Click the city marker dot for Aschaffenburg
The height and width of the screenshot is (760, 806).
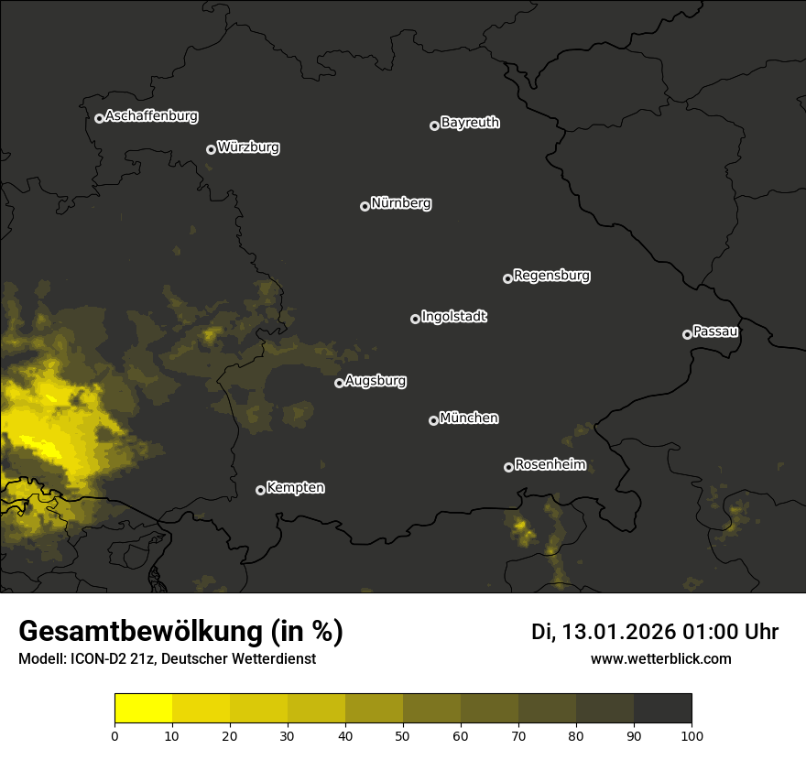(x=99, y=118)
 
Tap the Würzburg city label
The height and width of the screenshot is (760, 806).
(x=248, y=147)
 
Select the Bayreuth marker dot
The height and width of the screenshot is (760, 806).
(x=434, y=125)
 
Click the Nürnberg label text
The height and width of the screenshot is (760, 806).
(x=401, y=203)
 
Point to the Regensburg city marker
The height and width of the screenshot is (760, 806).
(x=507, y=278)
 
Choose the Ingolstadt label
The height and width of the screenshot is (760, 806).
(x=454, y=317)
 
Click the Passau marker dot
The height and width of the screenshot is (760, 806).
(x=687, y=334)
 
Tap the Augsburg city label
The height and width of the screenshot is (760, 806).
(x=376, y=381)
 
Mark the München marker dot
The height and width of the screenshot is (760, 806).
(x=433, y=421)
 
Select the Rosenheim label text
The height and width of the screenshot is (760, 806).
(x=550, y=465)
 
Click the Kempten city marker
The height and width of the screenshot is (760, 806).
(x=260, y=490)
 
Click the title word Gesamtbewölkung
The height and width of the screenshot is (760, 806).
(x=137, y=632)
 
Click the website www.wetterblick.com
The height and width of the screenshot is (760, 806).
(x=661, y=658)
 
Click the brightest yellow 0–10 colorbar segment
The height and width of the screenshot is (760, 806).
(x=144, y=709)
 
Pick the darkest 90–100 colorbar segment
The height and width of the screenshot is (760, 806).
(x=662, y=709)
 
